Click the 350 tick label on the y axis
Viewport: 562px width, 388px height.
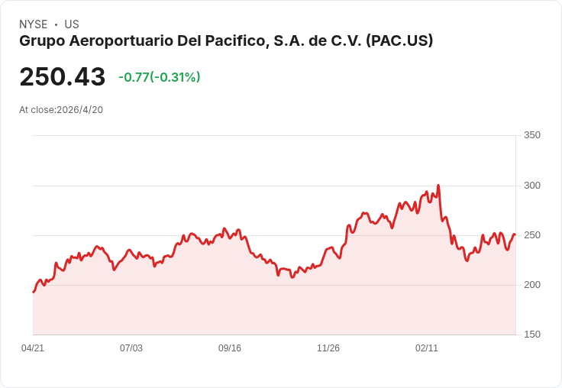532,135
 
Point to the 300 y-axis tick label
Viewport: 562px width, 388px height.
532,186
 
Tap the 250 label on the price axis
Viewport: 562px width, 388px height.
532,235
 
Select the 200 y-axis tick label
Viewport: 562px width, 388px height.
532,285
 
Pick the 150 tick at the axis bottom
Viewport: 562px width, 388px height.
532,335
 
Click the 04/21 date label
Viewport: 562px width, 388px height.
33,348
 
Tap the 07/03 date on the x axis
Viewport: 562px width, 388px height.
131,348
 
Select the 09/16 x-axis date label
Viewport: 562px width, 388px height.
230,348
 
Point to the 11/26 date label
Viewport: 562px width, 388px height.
328,348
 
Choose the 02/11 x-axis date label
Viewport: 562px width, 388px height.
427,348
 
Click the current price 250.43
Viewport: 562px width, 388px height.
63,76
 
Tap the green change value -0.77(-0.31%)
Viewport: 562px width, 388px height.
160,77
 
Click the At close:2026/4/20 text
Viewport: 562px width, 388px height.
61,110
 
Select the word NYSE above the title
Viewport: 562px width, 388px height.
34,24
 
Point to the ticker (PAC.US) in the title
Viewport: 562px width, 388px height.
399,40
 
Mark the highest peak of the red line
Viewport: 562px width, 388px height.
438,186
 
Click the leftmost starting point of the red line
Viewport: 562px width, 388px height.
34,293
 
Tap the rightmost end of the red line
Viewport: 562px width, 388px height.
515,234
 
